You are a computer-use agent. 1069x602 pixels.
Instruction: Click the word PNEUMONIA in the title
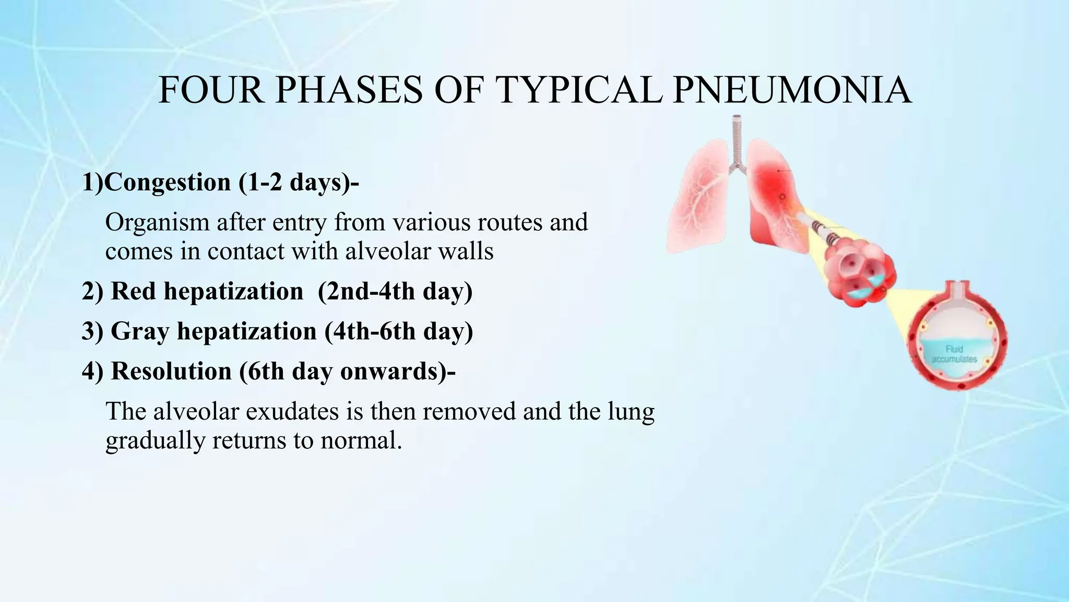[x=792, y=90]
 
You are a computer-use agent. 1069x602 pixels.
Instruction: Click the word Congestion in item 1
[x=168, y=182]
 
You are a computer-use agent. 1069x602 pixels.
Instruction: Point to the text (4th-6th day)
[x=399, y=331]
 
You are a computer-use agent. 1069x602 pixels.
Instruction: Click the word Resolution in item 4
[x=171, y=371]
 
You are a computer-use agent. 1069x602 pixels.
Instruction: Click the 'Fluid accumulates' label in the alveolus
[x=954, y=354]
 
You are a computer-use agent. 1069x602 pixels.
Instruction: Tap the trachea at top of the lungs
[x=737, y=141]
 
